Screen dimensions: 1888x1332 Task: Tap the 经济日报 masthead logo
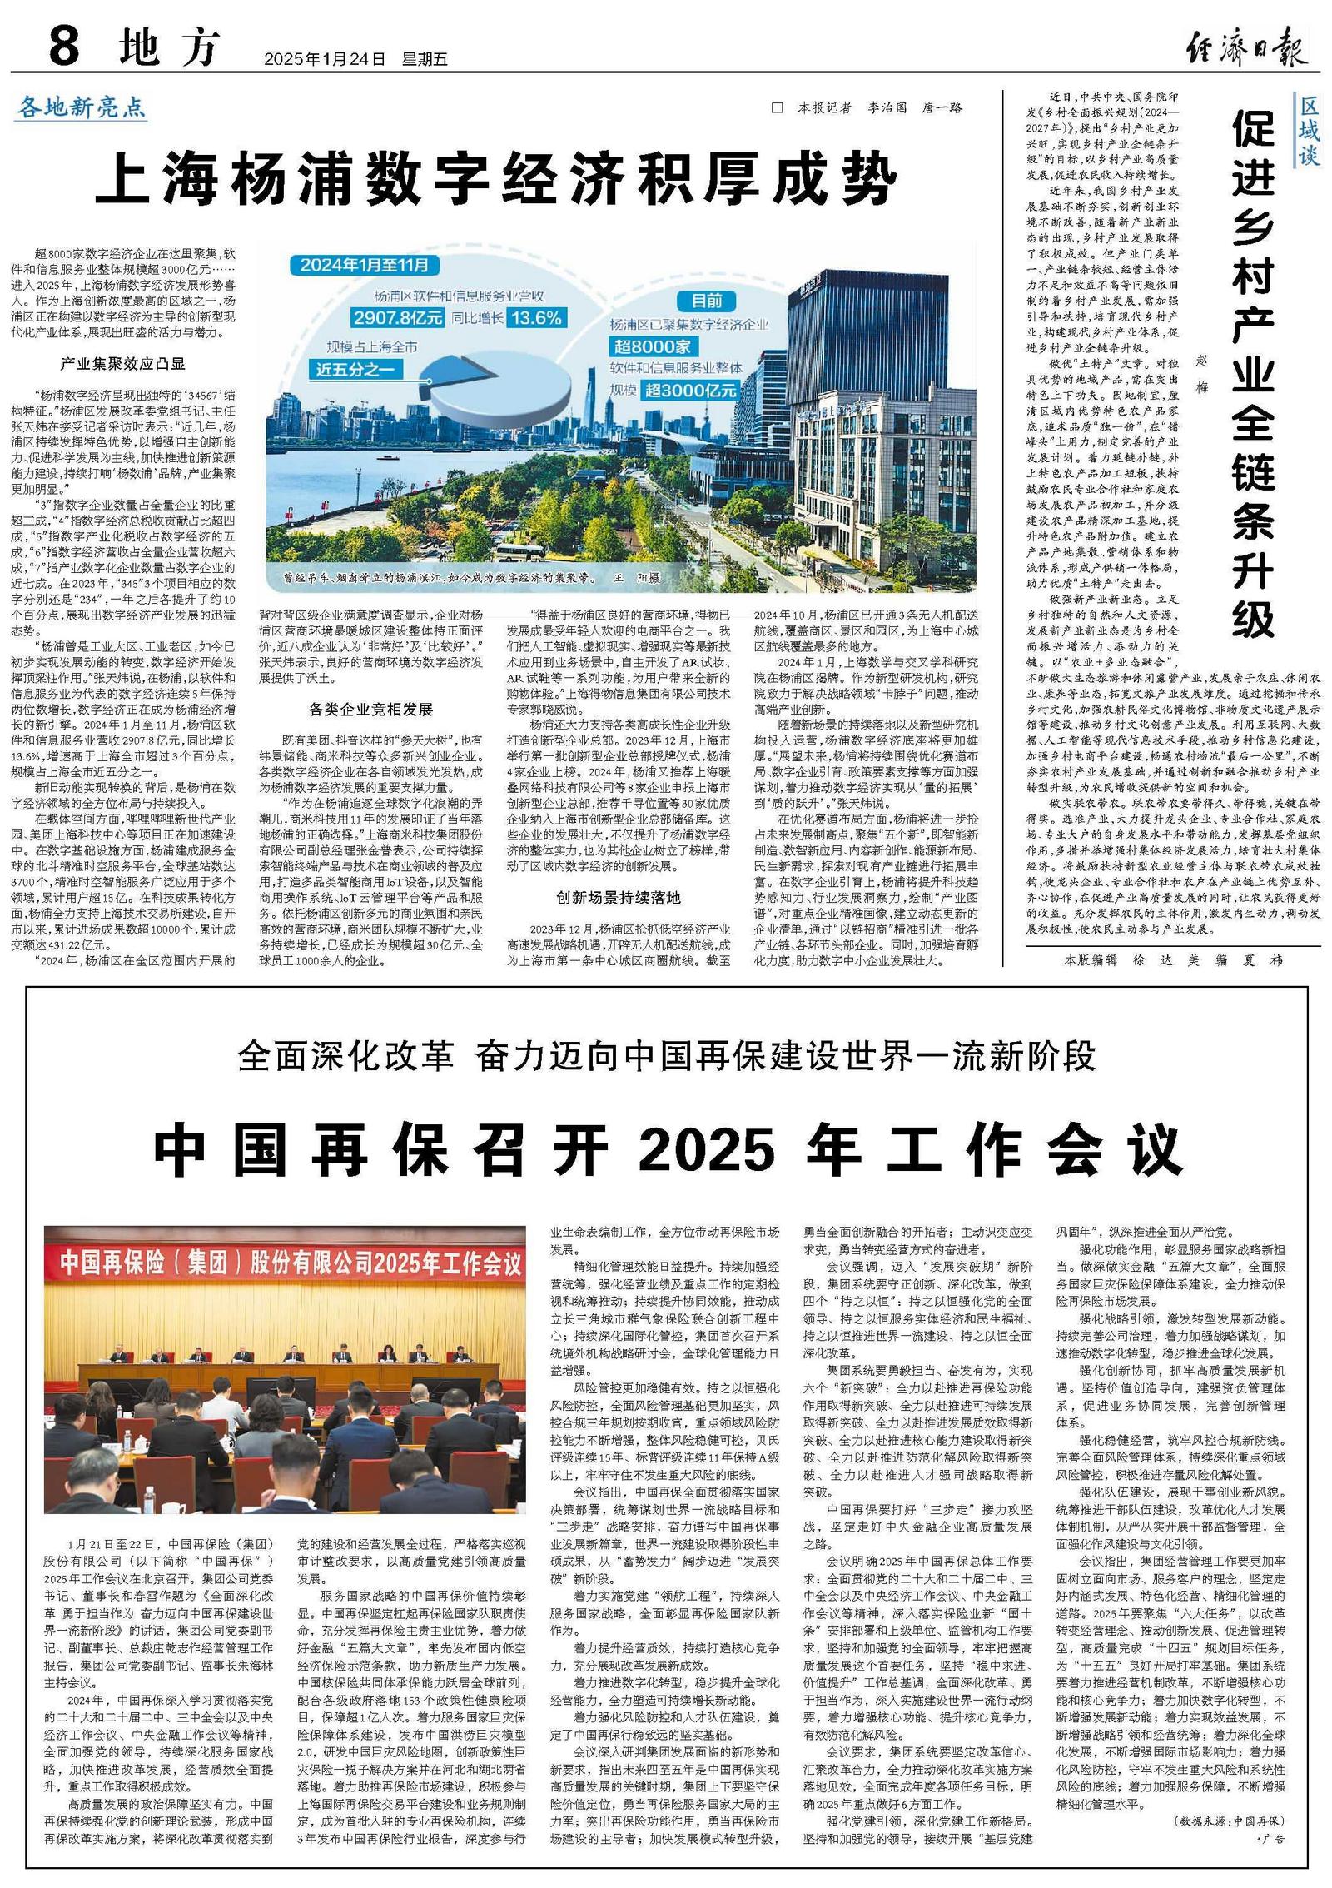pos(1246,47)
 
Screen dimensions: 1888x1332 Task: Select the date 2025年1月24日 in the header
pos(325,60)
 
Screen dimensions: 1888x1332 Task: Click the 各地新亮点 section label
pos(82,107)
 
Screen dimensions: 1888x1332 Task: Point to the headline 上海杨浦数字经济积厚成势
pos(496,180)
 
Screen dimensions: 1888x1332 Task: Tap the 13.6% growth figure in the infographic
pos(536,317)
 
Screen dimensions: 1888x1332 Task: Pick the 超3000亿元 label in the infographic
pos(690,389)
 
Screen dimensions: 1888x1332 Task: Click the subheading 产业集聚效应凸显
pos(123,364)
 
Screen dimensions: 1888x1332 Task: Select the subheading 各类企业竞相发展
pos(370,709)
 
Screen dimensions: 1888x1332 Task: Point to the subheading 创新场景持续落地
pos(619,898)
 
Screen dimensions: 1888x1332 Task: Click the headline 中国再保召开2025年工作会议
pos(667,1150)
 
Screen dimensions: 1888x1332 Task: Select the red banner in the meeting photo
pos(286,1263)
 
